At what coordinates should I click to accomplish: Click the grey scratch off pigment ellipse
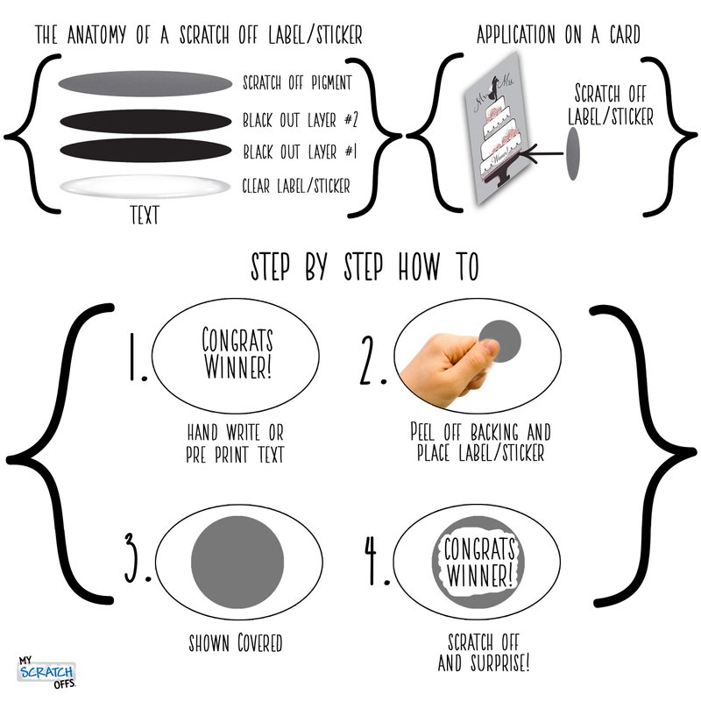(x=145, y=83)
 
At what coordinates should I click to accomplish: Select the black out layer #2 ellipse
(x=145, y=121)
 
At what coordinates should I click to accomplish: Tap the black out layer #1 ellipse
(x=145, y=150)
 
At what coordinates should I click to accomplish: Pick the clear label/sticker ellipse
(x=145, y=186)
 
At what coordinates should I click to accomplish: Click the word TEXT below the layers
(x=145, y=215)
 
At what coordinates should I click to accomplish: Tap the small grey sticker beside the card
(x=573, y=153)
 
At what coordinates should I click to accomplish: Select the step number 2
(x=372, y=360)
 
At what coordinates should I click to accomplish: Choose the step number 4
(x=377, y=561)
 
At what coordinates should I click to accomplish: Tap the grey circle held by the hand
(x=500, y=341)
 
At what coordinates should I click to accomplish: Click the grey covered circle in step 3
(x=237, y=562)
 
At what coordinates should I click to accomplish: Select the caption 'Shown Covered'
(x=236, y=643)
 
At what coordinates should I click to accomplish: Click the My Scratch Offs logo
(x=46, y=672)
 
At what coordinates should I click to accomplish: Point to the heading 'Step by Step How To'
(x=365, y=267)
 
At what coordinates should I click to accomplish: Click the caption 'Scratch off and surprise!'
(x=484, y=653)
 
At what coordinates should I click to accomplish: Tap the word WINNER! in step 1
(x=237, y=367)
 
